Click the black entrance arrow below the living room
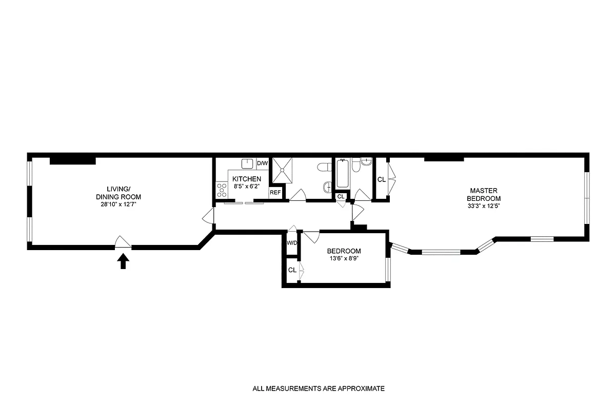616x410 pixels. point(123,262)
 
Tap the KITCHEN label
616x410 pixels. point(247,179)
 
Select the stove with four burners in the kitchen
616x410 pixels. point(222,190)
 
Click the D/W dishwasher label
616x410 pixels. point(262,163)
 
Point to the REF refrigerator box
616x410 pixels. point(275,193)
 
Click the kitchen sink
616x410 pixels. point(248,163)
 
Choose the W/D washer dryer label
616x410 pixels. point(291,242)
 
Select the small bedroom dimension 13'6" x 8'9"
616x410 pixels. point(344,259)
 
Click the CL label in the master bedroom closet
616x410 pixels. point(381,180)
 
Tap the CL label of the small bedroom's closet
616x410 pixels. point(292,270)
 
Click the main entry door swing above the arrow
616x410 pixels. point(123,241)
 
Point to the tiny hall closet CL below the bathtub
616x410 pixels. point(341,196)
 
